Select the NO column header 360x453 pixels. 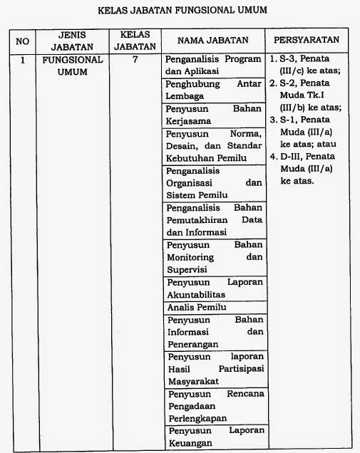(22, 40)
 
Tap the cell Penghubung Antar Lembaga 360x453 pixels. (213, 90)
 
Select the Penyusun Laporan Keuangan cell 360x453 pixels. (213, 437)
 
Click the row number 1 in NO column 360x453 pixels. (22, 61)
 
